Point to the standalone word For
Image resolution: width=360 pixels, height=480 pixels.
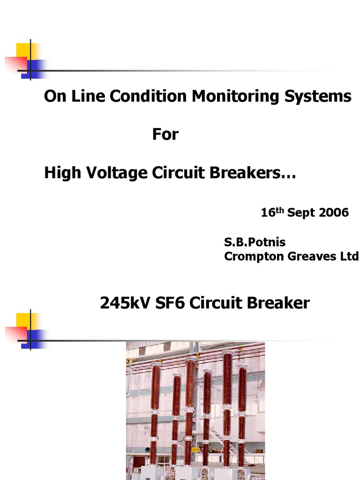point(165,135)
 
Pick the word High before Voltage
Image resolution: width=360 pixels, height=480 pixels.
point(59,173)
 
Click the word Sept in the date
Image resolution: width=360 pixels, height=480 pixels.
point(301,213)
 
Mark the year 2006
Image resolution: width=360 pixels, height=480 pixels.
point(334,213)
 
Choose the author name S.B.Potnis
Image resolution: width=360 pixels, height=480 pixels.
point(255,242)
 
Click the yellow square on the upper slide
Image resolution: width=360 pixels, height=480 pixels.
point(23,51)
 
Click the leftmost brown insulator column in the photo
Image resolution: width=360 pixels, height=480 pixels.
point(155,412)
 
